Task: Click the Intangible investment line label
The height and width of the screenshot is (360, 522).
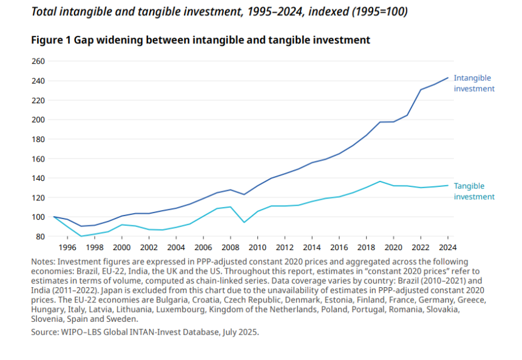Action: coord(474,83)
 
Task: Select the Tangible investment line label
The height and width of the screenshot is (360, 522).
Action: coord(474,191)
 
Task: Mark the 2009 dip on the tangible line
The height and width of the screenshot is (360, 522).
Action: coord(244,222)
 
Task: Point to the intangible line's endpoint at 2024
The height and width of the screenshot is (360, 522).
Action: coord(448,78)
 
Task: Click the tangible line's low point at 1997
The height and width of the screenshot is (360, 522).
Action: coord(81,236)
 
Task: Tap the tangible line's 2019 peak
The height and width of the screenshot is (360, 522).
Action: coord(380,182)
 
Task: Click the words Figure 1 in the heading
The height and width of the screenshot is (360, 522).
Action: coord(52,40)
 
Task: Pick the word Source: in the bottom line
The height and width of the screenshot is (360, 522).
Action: coord(46,332)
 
